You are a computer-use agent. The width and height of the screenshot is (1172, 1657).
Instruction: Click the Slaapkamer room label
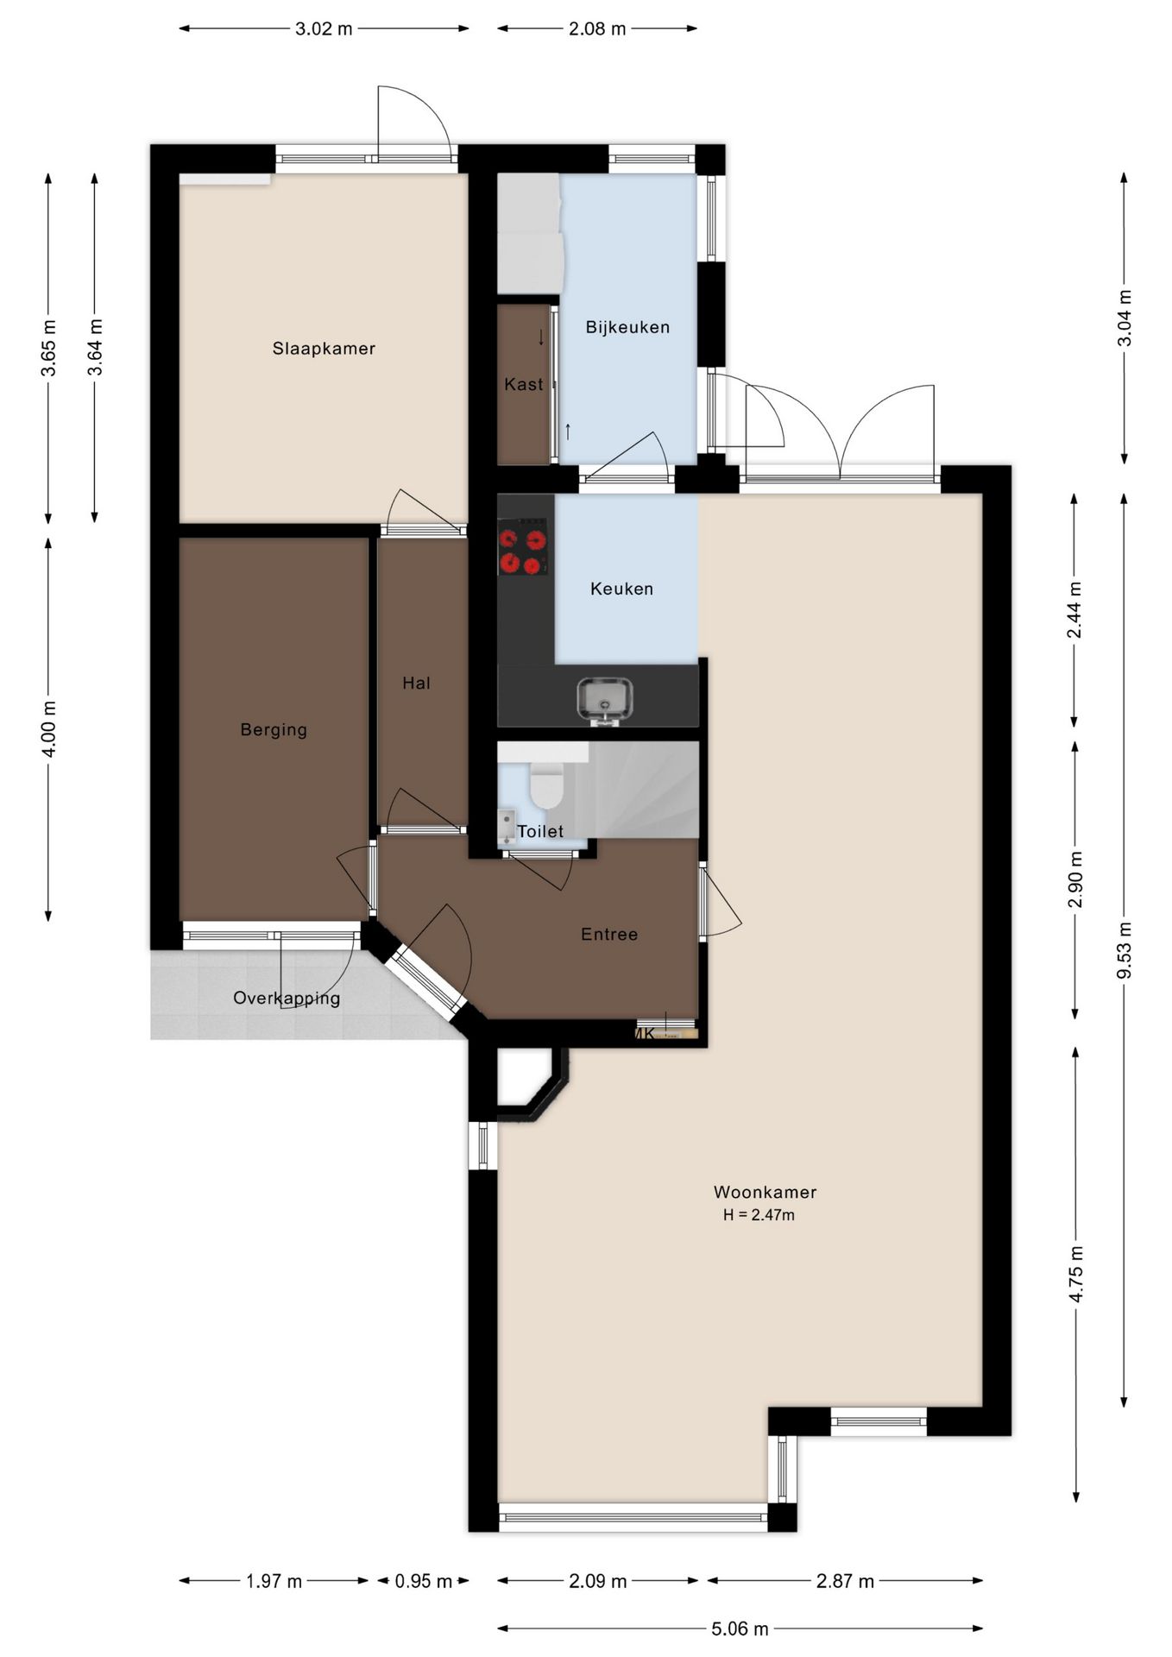point(324,349)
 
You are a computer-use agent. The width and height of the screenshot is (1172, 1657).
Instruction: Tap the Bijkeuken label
point(627,327)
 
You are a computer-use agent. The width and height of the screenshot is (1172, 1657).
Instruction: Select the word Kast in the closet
point(524,384)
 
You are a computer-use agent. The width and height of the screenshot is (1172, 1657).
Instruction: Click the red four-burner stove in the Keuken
point(523,547)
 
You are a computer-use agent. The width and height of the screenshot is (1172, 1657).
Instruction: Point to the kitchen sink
point(605,700)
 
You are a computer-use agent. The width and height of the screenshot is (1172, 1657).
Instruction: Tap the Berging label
point(274,730)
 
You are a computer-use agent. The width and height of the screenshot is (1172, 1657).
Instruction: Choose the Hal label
point(416,684)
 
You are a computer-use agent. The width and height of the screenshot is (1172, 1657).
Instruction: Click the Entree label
point(609,934)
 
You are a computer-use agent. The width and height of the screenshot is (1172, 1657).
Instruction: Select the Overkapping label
point(287,999)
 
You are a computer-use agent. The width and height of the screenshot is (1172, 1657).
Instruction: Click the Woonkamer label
point(765,1192)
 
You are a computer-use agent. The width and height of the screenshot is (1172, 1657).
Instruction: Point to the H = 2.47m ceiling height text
point(759,1215)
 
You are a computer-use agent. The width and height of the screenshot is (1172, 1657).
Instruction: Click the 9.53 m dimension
point(1124,950)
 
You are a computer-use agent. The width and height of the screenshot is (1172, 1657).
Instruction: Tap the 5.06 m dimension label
point(740,1629)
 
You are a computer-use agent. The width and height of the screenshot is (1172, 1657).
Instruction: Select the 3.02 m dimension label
point(324,28)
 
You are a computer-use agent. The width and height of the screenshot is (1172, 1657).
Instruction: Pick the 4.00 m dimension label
point(48,728)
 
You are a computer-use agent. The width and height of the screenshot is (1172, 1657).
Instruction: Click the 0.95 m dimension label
point(424,1581)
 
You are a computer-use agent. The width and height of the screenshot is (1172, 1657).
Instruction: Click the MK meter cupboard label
point(645,1033)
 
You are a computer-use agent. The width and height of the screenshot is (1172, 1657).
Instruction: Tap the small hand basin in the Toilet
point(507,827)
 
